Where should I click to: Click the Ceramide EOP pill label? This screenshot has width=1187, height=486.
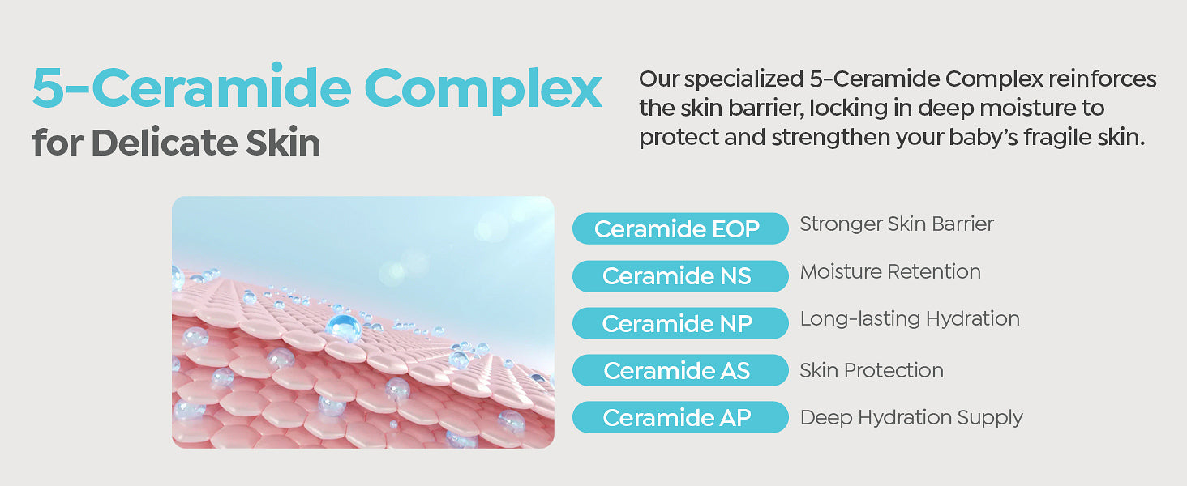point(680,228)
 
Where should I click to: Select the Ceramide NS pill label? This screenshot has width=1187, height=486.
point(680,276)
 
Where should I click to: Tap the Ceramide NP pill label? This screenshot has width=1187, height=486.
point(680,323)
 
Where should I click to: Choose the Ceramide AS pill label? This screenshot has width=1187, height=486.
point(680,370)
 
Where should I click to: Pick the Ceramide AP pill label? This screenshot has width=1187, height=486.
point(680,417)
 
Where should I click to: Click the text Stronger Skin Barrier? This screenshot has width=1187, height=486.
point(897,224)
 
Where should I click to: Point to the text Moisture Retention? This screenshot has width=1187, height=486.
point(890,271)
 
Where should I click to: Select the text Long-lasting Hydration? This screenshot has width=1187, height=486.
point(910,319)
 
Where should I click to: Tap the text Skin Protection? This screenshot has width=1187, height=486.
point(872,370)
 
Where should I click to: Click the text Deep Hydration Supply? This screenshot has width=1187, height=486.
point(911,418)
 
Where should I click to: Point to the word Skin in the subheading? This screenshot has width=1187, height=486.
point(283,142)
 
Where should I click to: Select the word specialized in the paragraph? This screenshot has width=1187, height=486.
point(744,79)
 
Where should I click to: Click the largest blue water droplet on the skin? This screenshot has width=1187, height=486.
point(344,327)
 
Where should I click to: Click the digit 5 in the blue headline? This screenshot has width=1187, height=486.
point(48,87)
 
